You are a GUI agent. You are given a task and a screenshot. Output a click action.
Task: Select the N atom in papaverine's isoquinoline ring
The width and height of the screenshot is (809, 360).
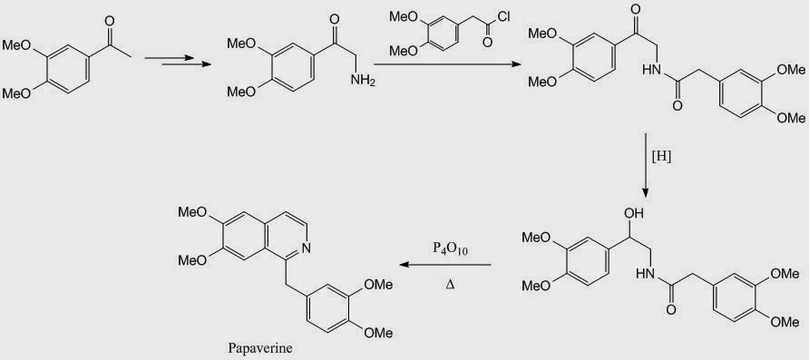coord(309,247)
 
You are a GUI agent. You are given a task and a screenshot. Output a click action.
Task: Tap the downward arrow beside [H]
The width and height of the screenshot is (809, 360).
coord(645,163)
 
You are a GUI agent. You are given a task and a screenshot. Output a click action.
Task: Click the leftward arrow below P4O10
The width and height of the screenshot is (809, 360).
coord(447,266)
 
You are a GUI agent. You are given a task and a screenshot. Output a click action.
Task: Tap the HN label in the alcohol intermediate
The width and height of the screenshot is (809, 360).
coord(646,273)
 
